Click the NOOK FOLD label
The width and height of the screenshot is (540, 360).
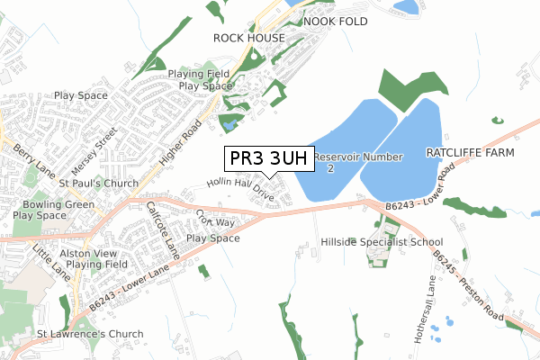click(336, 21)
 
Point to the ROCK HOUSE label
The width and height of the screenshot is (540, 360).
click(248, 38)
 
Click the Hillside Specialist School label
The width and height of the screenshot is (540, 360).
click(382, 243)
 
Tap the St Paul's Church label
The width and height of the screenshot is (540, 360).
click(92, 184)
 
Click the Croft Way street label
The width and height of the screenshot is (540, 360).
click(214, 219)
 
